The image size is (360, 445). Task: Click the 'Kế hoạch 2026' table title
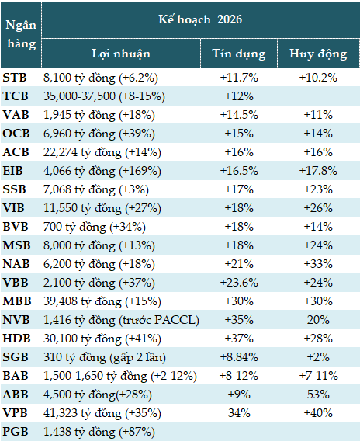(x=200, y=19)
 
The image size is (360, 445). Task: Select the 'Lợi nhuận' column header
(x=121, y=54)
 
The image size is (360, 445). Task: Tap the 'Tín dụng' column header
(x=239, y=54)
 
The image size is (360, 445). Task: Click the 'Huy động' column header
(x=318, y=54)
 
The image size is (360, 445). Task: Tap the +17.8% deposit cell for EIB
(x=318, y=169)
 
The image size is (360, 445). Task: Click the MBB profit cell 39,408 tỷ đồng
(x=99, y=300)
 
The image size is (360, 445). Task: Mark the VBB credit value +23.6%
(x=239, y=281)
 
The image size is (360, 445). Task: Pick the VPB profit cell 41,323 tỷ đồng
(x=99, y=412)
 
